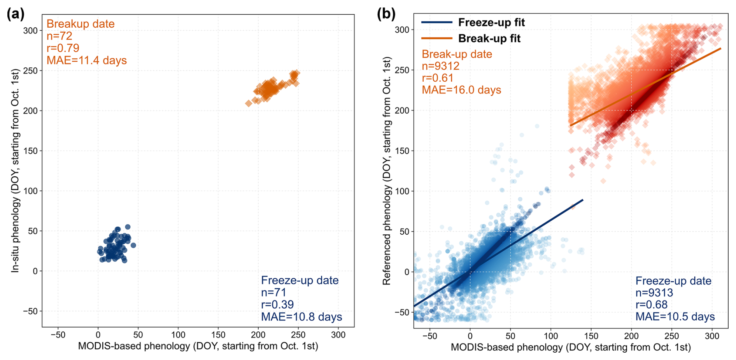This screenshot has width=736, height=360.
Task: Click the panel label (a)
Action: tap(16, 14)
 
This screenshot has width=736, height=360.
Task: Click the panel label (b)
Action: tap(386, 14)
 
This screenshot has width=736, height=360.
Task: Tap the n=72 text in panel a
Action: tap(60, 36)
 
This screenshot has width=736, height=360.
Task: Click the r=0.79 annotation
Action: tap(63, 48)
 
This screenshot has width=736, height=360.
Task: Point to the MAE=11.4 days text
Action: tap(86, 60)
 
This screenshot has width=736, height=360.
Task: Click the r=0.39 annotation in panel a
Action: tap(277, 304)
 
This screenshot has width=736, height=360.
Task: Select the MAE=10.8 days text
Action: tap(301, 317)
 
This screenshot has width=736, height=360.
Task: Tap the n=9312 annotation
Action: tap(441, 66)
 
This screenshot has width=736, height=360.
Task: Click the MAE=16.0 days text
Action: tap(461, 90)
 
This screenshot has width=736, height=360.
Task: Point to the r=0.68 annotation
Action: tap(652, 304)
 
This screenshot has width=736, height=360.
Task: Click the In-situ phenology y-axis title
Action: tap(15, 170)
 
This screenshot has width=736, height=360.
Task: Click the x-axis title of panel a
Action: tap(198, 346)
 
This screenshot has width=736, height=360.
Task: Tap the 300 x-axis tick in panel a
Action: tap(338, 335)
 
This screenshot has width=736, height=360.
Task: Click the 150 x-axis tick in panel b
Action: tap(591, 336)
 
